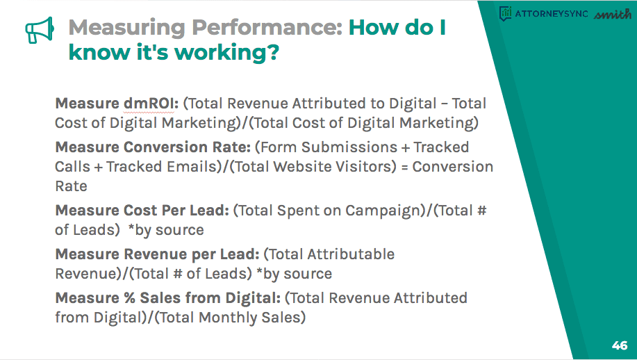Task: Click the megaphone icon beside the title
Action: click(40, 30)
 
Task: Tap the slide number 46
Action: click(620, 345)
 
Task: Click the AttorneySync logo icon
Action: click(505, 13)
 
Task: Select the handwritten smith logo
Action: click(613, 14)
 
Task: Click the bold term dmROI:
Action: click(151, 104)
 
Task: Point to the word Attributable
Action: click(351, 254)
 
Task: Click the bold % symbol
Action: click(129, 298)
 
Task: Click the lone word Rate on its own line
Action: click(71, 186)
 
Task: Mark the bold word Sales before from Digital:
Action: click(158, 298)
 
